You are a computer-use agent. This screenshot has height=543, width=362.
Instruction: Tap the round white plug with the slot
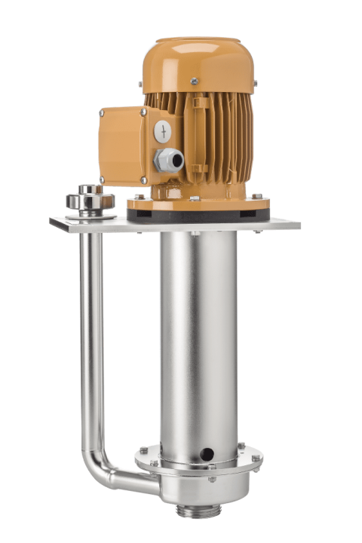(162, 130)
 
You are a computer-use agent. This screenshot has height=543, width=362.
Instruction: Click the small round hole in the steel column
(205, 453)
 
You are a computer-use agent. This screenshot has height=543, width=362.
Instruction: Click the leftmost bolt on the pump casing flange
(142, 451)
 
